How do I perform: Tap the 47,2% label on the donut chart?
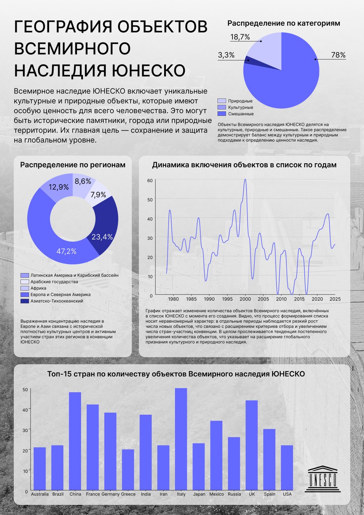[66, 251]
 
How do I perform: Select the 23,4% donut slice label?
[102, 237]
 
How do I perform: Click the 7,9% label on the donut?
[98, 195]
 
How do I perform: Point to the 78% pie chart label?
[339, 55]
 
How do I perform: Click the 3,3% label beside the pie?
[226, 55]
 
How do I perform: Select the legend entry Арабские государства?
[49, 282]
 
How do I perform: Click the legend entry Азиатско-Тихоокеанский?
[52, 301]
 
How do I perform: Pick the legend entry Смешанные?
[236, 114]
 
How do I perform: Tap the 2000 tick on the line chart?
[245, 299]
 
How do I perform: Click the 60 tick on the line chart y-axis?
[150, 180]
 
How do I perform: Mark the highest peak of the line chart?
[245, 179]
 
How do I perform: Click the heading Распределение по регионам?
[73, 165]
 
